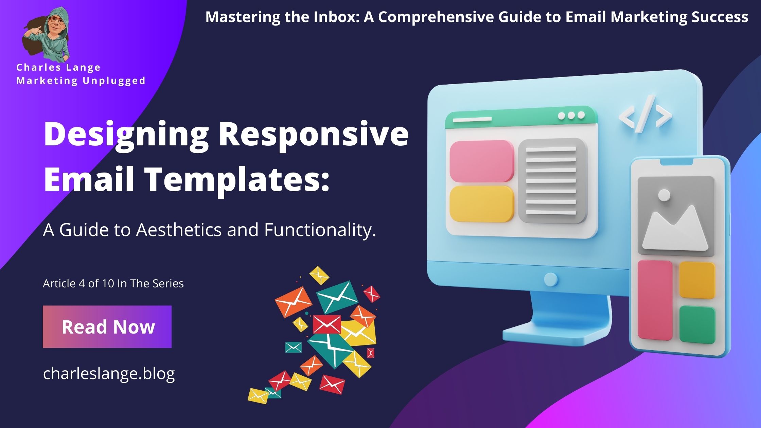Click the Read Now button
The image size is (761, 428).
107,326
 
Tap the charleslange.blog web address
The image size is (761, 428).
109,373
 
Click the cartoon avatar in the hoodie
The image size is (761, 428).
48,34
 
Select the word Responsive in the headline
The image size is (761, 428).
313,134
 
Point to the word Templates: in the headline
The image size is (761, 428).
237,180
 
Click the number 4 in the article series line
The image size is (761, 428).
82,283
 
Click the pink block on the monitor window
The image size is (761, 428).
481,161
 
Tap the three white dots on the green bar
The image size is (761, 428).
571,115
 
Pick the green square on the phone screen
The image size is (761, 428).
697,324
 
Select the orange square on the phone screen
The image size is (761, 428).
697,280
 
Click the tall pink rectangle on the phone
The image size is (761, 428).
655,300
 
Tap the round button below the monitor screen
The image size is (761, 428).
550,279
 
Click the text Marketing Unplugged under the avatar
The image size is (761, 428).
81,81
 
